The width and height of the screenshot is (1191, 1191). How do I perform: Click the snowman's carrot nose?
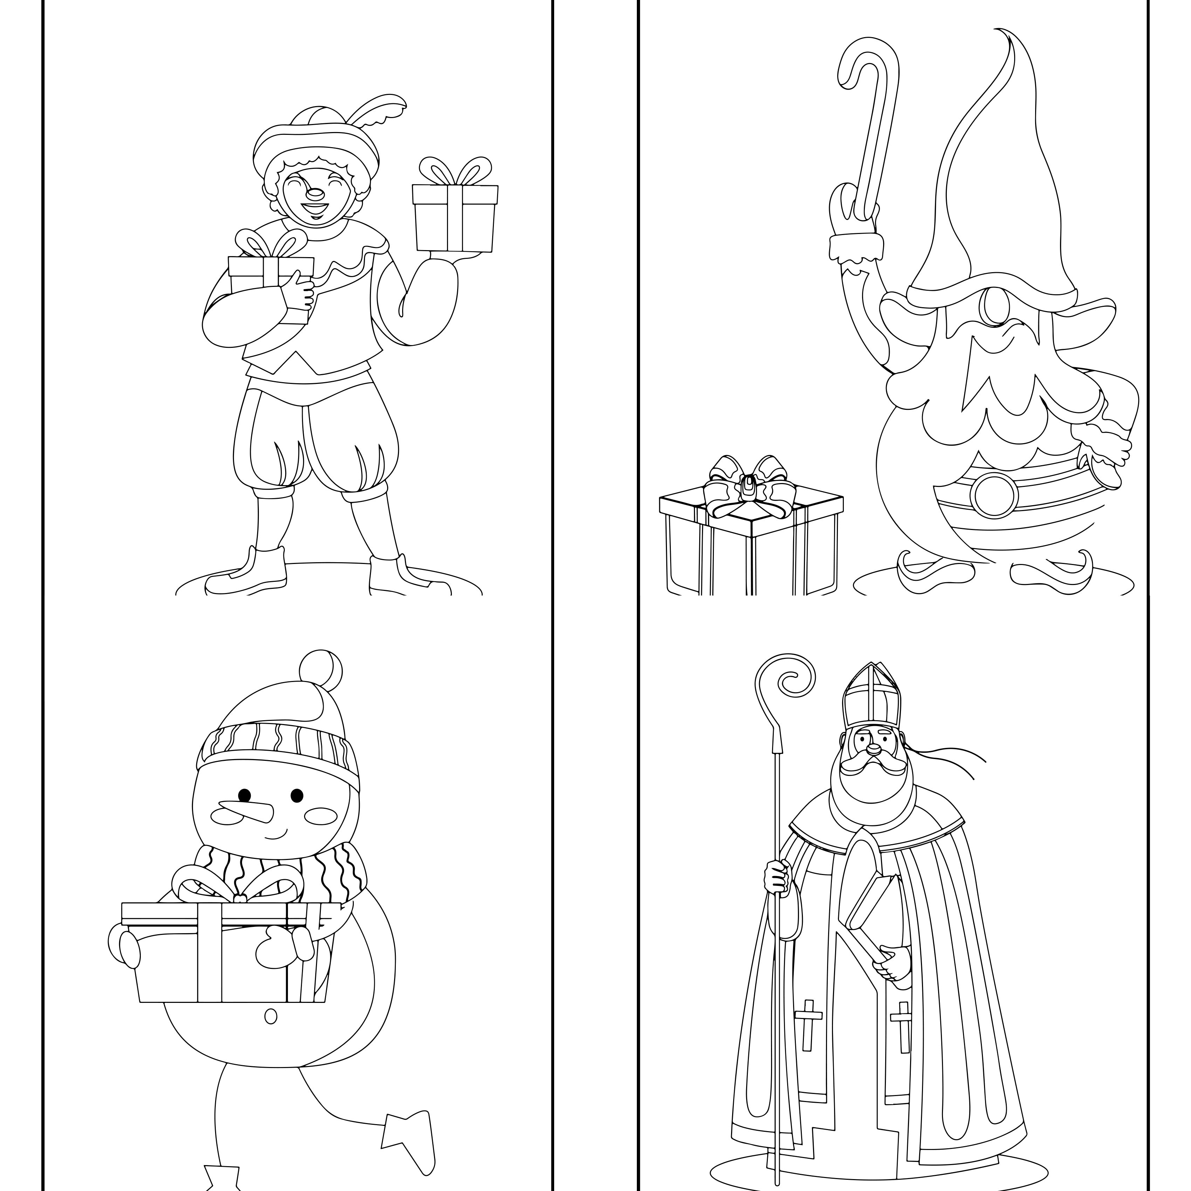245,812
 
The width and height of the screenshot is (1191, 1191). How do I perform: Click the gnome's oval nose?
994,307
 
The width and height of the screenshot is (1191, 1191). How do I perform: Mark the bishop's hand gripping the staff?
777,876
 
